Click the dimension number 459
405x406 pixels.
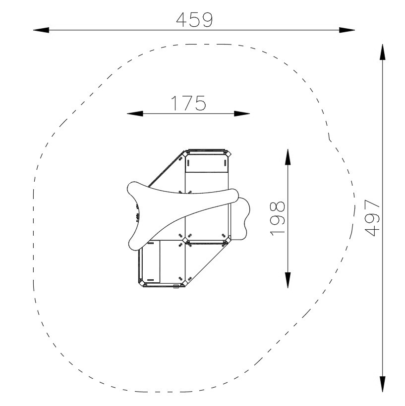(194, 20)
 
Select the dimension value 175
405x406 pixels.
(188, 103)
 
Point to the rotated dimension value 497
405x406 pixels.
(372, 218)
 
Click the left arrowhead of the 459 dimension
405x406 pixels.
(41, 30)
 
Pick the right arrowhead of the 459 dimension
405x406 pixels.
(347, 30)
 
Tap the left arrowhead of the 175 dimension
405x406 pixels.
(135, 113)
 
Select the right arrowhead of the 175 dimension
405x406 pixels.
(242, 113)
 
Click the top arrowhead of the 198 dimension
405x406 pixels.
(288, 157)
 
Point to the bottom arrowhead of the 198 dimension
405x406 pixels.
(288, 280)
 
